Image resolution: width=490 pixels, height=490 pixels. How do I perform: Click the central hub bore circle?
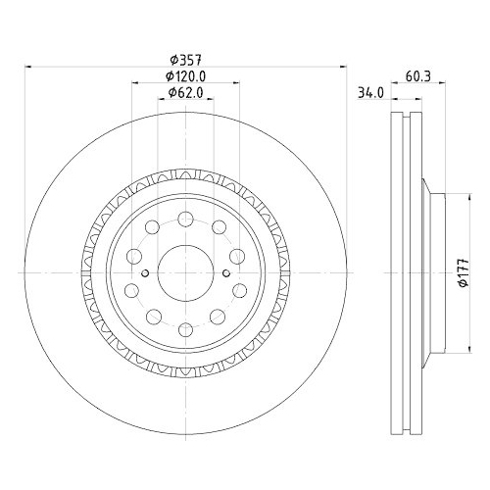coord(184,266)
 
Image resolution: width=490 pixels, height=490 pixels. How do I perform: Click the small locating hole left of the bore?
coord(144,273)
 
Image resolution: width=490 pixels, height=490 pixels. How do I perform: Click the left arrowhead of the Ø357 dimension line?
coord(28,67)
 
